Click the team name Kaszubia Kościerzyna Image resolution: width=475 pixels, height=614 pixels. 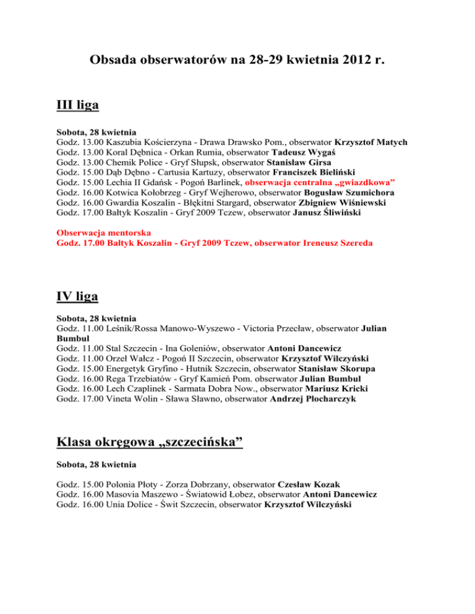[x=148, y=143]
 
